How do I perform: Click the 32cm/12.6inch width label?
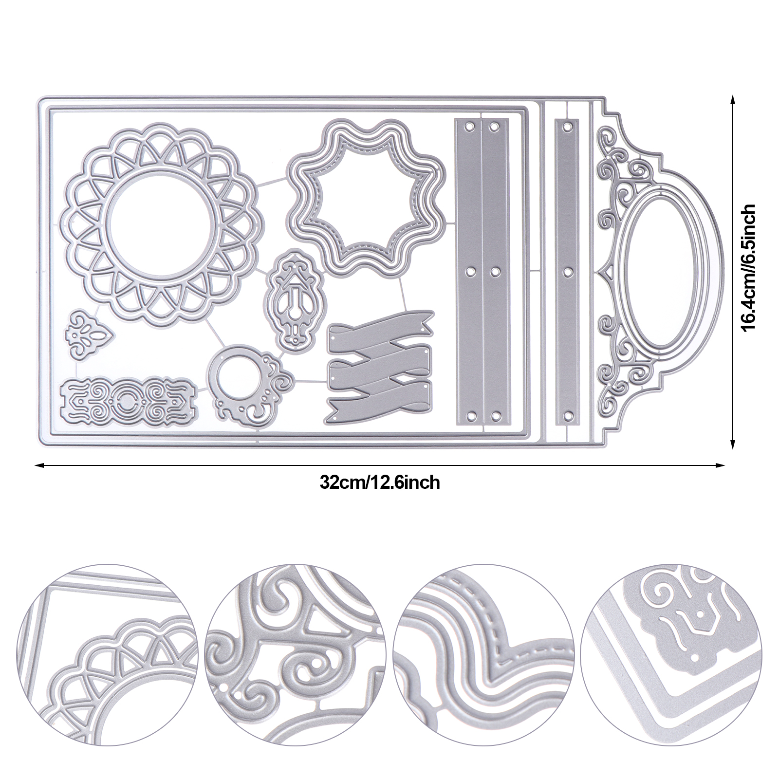(x=380, y=482)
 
